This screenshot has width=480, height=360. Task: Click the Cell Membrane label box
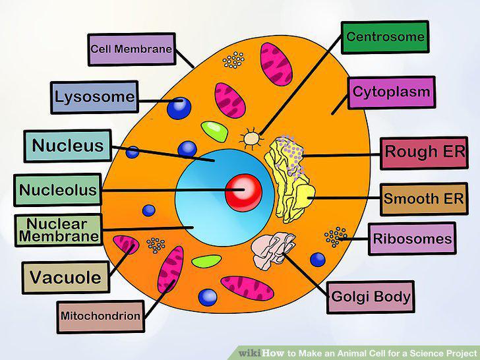(132, 49)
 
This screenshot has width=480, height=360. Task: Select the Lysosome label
(94, 98)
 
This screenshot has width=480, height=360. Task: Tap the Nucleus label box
(68, 146)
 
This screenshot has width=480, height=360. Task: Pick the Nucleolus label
(57, 190)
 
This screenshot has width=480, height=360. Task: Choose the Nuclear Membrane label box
(59, 230)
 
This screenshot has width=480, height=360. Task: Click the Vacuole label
(66, 278)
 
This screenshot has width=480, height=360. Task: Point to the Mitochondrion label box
(100, 317)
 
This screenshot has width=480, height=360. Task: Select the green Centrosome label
(385, 38)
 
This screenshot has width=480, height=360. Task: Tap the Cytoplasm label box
(392, 93)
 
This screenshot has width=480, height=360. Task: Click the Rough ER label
(425, 153)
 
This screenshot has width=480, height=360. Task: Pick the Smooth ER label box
(425, 199)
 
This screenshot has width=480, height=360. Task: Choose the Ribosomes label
(412, 239)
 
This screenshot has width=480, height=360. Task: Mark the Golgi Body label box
(371, 297)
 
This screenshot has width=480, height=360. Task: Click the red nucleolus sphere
(244, 193)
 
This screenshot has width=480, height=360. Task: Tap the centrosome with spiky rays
(252, 138)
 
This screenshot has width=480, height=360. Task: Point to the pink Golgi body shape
(272, 251)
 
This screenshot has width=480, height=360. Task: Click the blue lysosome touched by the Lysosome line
(179, 108)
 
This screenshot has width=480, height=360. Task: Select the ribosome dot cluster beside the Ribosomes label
(336, 237)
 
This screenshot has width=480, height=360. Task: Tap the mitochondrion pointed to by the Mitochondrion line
(171, 270)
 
